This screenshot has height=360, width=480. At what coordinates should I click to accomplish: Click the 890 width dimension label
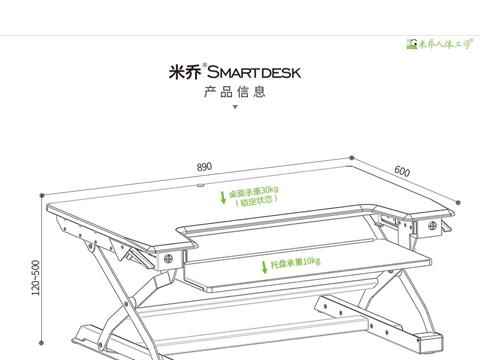(x=204, y=166)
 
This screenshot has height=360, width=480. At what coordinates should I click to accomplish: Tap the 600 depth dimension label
(x=402, y=171)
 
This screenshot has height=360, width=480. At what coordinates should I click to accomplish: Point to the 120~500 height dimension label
(x=36, y=278)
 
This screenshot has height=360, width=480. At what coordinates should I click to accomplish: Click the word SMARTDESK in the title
(x=254, y=73)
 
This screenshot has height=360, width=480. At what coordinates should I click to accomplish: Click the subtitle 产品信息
(x=235, y=92)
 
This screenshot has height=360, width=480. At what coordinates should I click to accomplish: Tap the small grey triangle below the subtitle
(x=235, y=107)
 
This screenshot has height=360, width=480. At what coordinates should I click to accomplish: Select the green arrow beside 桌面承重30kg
(x=223, y=197)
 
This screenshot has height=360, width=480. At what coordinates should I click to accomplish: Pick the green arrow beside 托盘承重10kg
(x=264, y=267)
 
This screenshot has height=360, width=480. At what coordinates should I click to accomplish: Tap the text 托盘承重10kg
(x=295, y=263)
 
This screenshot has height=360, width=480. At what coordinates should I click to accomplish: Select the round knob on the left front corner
(x=167, y=257)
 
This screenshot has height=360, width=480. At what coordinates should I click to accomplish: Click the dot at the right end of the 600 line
(x=458, y=203)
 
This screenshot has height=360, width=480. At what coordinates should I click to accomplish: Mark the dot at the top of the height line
(x=41, y=195)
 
